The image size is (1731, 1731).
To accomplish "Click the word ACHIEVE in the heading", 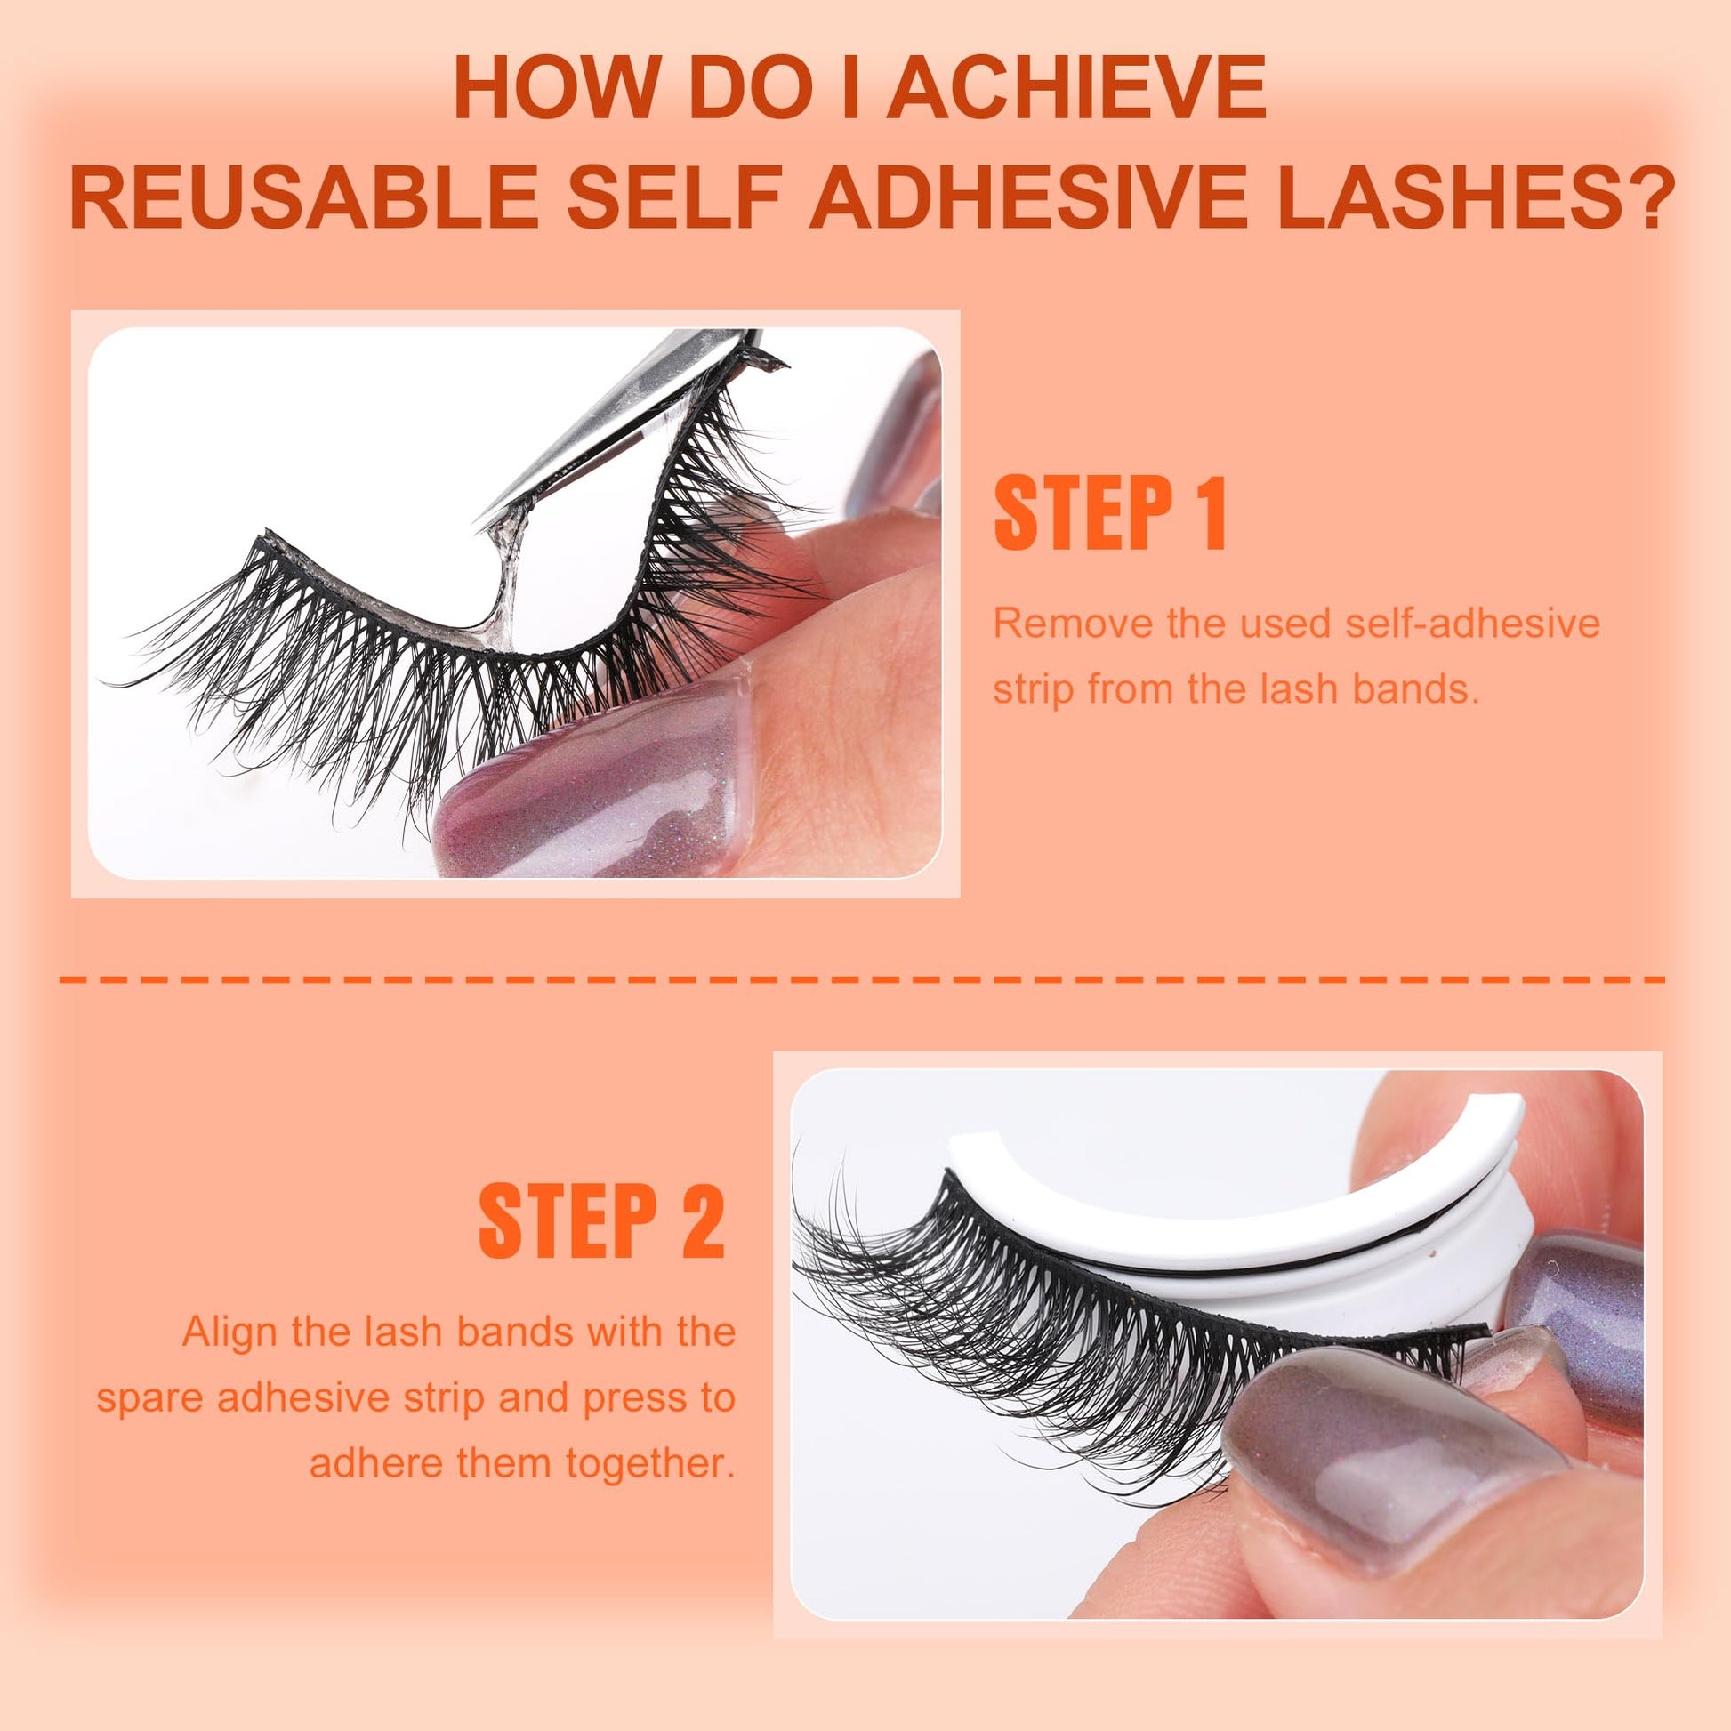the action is (x=1077, y=87).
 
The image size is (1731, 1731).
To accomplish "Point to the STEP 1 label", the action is (x=1110, y=513).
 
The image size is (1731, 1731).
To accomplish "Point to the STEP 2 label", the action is (x=602, y=1222).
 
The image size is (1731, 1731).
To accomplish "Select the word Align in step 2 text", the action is (x=230, y=1332).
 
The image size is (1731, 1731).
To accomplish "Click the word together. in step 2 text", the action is (x=649, y=1464).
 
